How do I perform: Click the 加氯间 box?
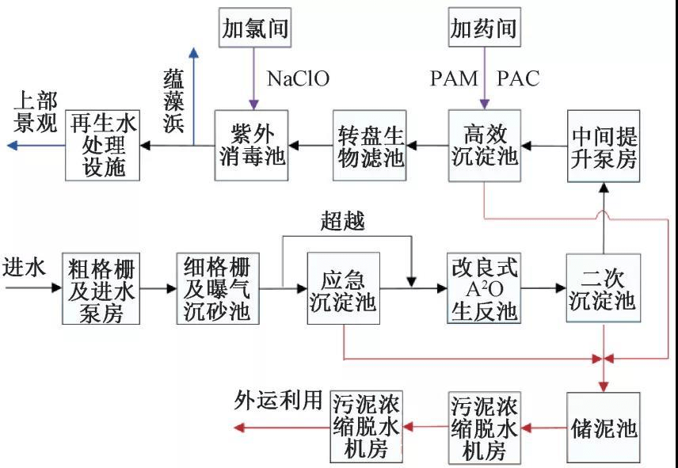(x=253, y=29)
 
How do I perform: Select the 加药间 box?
(x=483, y=29)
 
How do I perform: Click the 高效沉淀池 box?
(x=483, y=146)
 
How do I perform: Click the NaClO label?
(x=298, y=78)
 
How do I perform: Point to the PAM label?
(x=454, y=78)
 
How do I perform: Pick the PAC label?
(x=518, y=78)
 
